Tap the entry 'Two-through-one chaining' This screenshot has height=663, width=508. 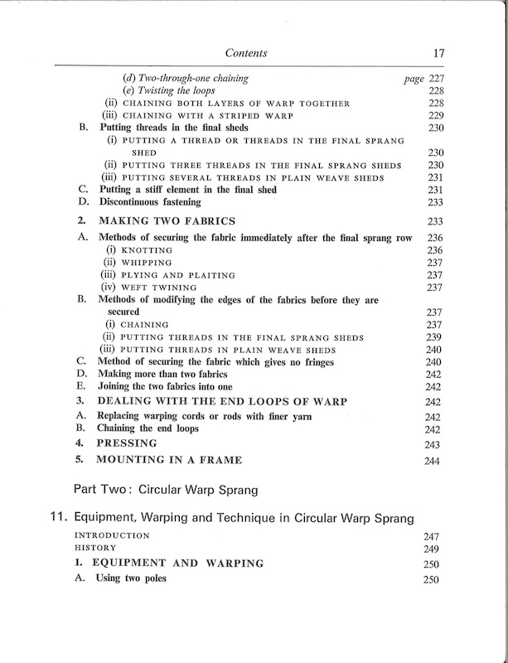[185, 78]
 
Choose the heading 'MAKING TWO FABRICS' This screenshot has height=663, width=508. [167, 221]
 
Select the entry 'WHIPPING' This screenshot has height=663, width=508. [148, 262]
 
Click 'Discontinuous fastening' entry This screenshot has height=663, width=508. [154, 201]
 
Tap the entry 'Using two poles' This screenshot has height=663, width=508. [138, 578]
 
